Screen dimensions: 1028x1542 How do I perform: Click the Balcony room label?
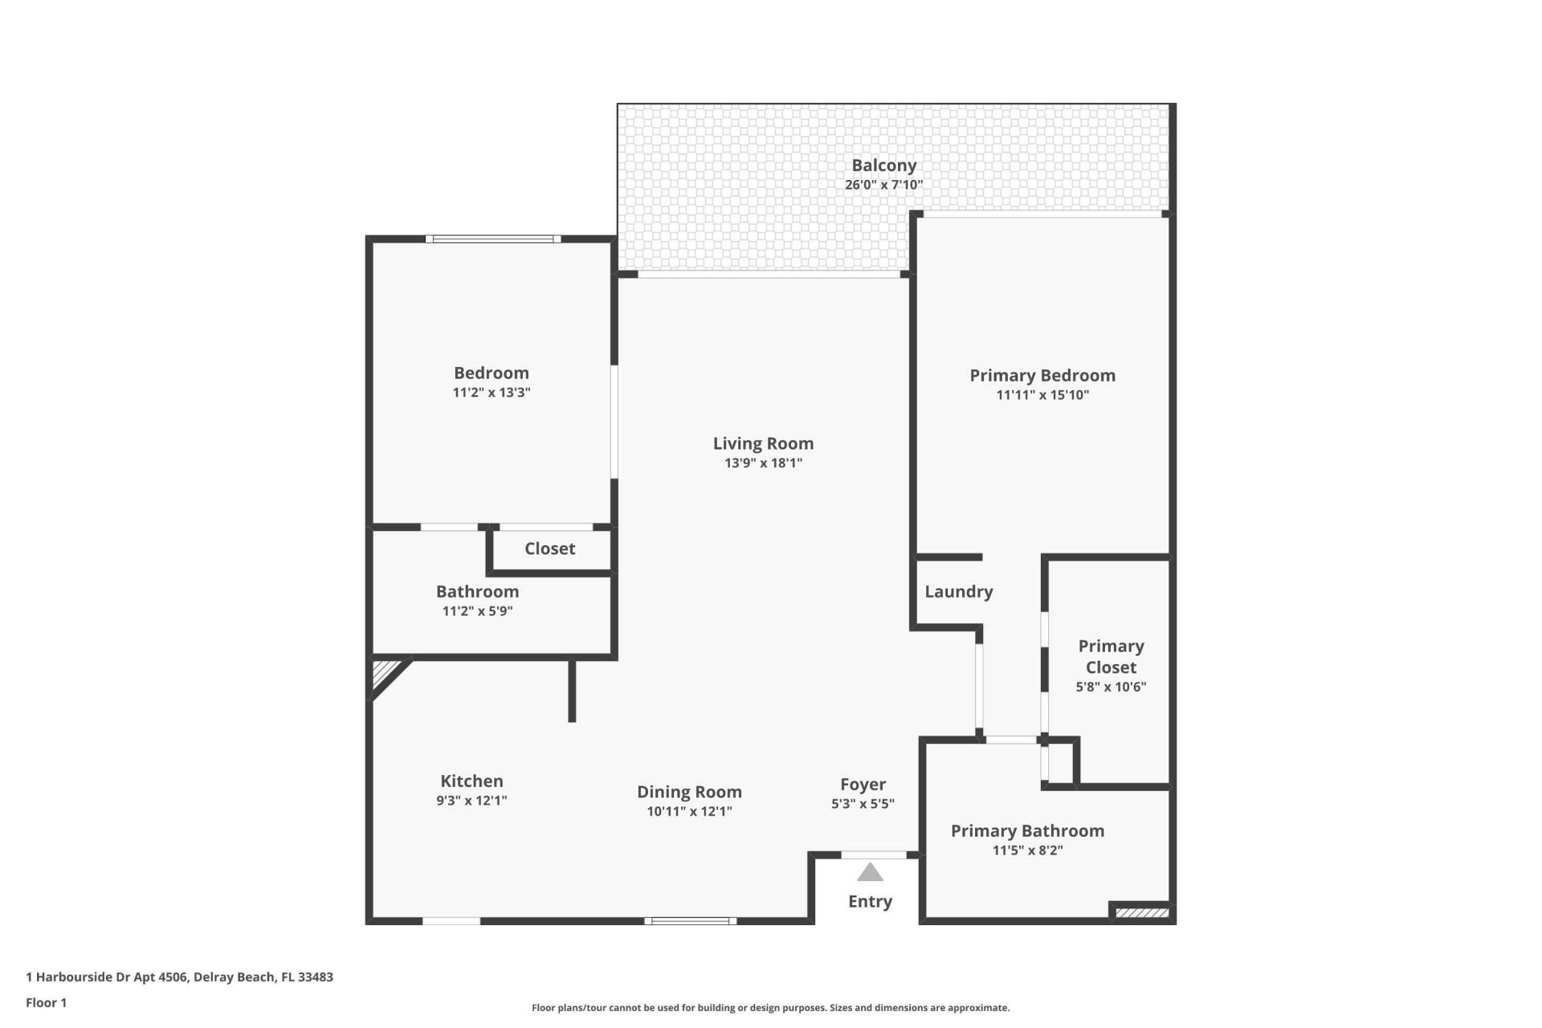(x=883, y=165)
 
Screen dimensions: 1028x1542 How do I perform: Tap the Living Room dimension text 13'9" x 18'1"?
(x=763, y=463)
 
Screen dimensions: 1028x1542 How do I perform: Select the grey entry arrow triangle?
(x=870, y=873)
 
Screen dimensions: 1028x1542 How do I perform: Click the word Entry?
(x=870, y=901)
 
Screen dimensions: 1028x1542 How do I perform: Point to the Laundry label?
(x=958, y=592)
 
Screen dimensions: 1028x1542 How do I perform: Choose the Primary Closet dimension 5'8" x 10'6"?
(x=1111, y=687)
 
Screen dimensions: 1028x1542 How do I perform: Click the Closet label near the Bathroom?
(x=549, y=549)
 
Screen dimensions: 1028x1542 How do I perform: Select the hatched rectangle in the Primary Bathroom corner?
(x=1142, y=912)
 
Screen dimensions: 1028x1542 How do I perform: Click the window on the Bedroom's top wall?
(x=492, y=239)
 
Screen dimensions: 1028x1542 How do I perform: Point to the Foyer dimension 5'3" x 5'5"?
(x=863, y=804)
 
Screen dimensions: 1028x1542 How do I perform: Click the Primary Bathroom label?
(x=1027, y=831)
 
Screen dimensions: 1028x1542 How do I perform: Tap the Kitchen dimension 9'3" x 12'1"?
(x=471, y=801)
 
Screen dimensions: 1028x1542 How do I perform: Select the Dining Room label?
(x=689, y=792)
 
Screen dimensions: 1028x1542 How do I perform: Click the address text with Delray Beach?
(x=179, y=977)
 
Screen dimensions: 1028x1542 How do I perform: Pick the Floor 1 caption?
(x=46, y=1002)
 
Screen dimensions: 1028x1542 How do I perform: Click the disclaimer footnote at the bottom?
(x=770, y=1008)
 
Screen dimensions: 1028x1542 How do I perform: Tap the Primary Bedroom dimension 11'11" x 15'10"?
(x=1042, y=395)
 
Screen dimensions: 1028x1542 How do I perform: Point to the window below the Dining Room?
(x=690, y=921)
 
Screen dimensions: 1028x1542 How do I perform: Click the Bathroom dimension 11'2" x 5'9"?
(x=477, y=611)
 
